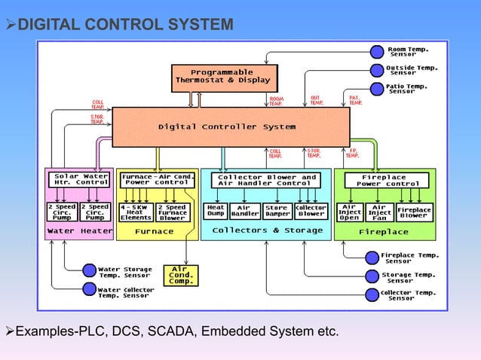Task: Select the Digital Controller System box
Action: (231, 127)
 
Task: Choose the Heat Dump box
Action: (216, 211)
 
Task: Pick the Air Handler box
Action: (245, 211)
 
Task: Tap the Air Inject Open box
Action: (349, 211)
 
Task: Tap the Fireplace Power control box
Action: (386, 180)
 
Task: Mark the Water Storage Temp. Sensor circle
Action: (89, 270)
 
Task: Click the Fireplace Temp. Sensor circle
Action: (370, 258)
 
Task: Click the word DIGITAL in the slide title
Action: (48, 26)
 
